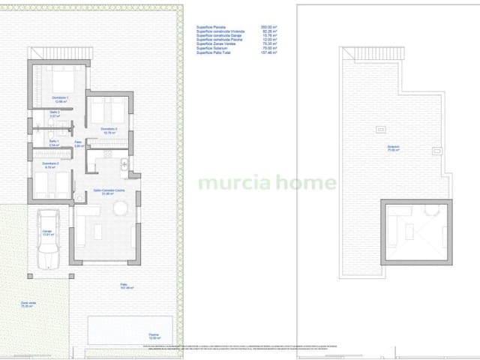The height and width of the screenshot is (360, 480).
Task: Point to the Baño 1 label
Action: (x=54, y=141)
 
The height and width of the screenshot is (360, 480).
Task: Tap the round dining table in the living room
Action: (x=120, y=211)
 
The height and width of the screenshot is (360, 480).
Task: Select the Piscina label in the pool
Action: (x=154, y=334)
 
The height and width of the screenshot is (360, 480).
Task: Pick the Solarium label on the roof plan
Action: (x=393, y=148)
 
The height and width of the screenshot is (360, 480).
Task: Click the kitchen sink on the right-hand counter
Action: (x=126, y=164)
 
